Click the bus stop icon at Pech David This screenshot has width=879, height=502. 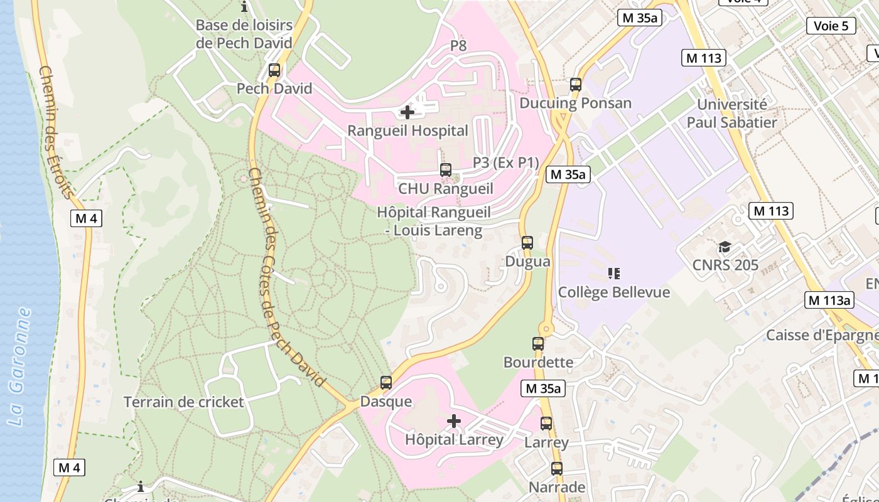(274, 70)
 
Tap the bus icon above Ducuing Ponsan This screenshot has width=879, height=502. (576, 85)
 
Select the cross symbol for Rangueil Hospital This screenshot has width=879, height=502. (407, 112)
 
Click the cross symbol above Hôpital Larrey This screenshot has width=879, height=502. (454, 421)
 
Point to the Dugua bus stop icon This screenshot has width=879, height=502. (527, 243)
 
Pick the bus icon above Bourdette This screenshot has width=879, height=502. (538, 344)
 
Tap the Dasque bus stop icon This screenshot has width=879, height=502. (386, 383)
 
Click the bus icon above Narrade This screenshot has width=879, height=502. (557, 469)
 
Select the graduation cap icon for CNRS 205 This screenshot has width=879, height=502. (725, 247)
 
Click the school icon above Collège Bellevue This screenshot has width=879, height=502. (614, 274)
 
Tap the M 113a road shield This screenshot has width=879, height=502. (829, 300)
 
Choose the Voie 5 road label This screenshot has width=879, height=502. (831, 26)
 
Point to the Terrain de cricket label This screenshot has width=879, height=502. (183, 402)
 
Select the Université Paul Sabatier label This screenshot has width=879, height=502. (732, 114)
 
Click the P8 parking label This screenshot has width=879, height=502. (458, 45)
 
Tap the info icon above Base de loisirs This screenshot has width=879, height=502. (244, 7)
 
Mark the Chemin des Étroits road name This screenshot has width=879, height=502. (55, 132)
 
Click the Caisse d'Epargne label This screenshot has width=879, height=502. (821, 335)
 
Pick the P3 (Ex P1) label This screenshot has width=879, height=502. (506, 163)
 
